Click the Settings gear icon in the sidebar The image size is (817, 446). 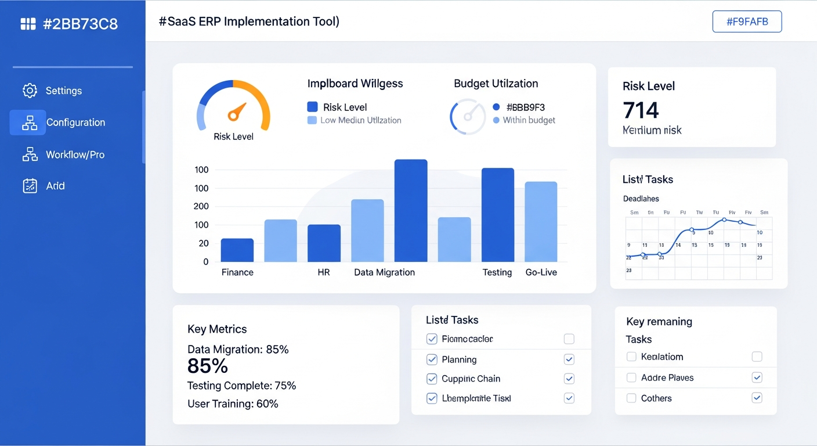30,91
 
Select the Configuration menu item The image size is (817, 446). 75,123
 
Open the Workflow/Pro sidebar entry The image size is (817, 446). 75,154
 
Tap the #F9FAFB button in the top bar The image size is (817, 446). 747,22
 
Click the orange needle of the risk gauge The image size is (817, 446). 237,111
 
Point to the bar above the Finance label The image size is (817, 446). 237,250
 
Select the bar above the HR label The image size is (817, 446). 324,243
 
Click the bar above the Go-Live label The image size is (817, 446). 541,222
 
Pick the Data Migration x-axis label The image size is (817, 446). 384,272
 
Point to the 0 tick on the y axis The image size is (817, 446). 205,262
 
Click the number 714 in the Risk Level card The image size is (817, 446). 641,110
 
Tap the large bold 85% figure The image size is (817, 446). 208,366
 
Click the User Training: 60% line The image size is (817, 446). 233,404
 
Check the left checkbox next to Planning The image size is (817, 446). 432,359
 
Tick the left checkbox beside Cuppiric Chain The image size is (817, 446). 432,379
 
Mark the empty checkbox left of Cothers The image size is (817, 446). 631,398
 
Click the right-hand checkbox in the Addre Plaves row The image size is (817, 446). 757,377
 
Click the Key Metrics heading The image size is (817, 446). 217,329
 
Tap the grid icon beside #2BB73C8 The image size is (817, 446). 28,24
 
